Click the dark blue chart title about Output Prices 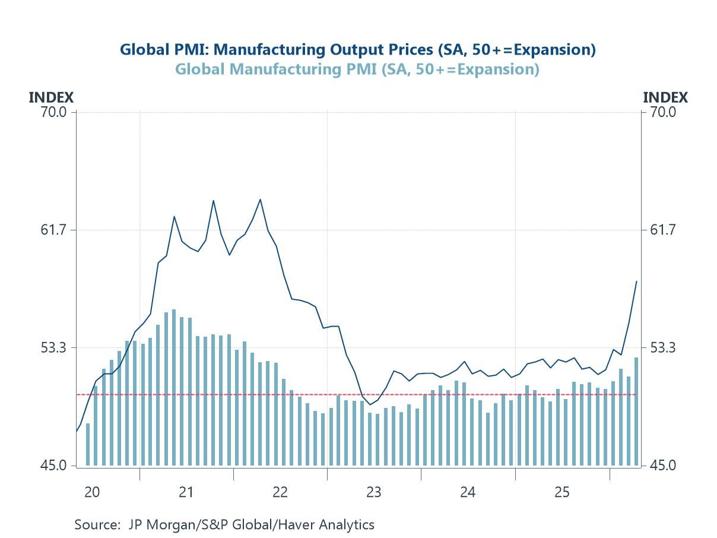[358, 50]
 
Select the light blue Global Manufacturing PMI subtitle [357, 69]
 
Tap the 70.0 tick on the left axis [53, 112]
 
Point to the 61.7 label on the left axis [53, 230]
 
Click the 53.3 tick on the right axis [662, 347]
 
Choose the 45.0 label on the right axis [662, 465]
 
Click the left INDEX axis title [51, 97]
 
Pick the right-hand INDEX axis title [665, 97]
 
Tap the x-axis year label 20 [92, 492]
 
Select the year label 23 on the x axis [374, 492]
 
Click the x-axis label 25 [562, 492]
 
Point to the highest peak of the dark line [261, 200]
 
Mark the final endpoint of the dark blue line [637, 281]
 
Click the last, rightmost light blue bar [636, 412]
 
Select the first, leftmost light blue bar [87, 445]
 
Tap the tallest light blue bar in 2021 [174, 387]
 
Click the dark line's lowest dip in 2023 [370, 405]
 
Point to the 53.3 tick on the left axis [53, 347]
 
